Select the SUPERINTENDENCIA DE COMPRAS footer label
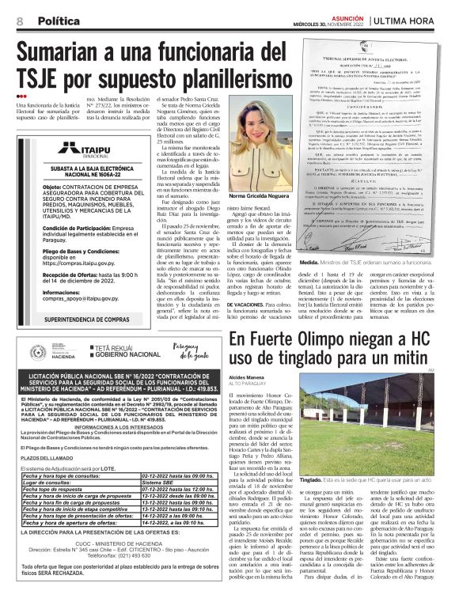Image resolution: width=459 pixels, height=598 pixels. pyautogui.click(x=78, y=319)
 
